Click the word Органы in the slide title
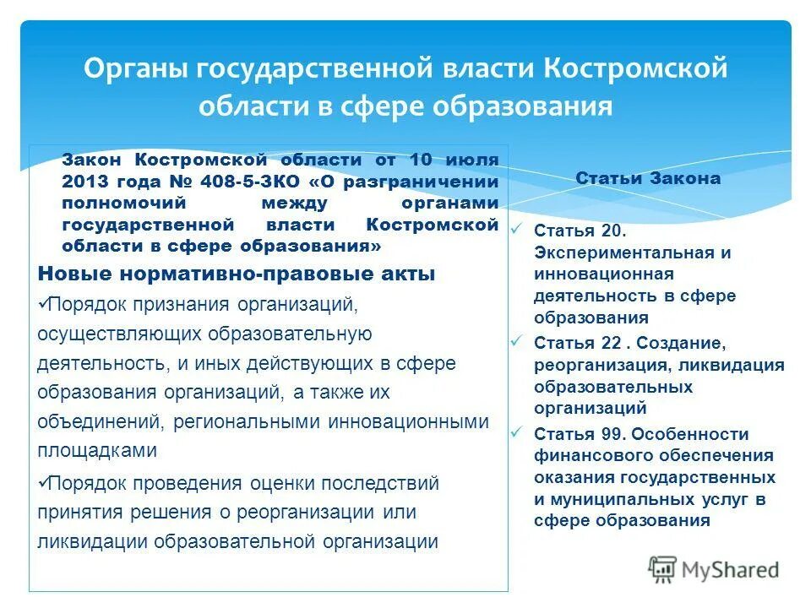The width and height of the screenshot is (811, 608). pos(136,68)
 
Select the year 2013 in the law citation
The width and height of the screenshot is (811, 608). pos(84,182)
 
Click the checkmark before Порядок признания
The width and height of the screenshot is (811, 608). pos(43,301)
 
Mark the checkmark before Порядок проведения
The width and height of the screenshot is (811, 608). pos(43,482)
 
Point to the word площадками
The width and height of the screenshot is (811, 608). pos(97,451)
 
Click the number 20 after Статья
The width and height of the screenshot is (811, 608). pos(612,231)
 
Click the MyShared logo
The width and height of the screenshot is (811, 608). pos(714,569)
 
